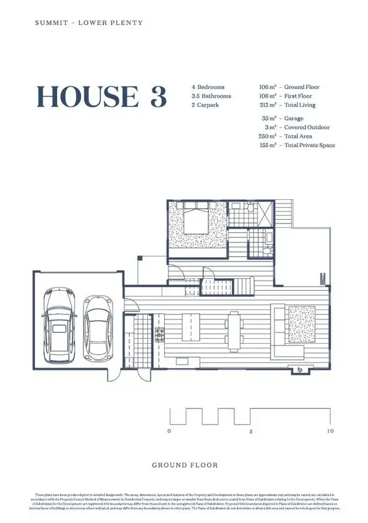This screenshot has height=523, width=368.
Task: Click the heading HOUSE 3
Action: (101, 97)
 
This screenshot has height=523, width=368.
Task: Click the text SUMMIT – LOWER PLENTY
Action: (88, 23)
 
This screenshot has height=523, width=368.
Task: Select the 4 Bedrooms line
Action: (208, 87)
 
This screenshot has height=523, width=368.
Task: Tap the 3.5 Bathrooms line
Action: (211, 96)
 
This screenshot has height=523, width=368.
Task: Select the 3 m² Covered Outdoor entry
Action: (295, 127)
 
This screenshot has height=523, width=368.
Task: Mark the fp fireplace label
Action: (298, 367)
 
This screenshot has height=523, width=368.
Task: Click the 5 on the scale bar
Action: (250, 431)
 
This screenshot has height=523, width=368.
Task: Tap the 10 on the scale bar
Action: (329, 431)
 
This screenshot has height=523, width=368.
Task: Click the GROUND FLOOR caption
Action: (185, 465)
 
